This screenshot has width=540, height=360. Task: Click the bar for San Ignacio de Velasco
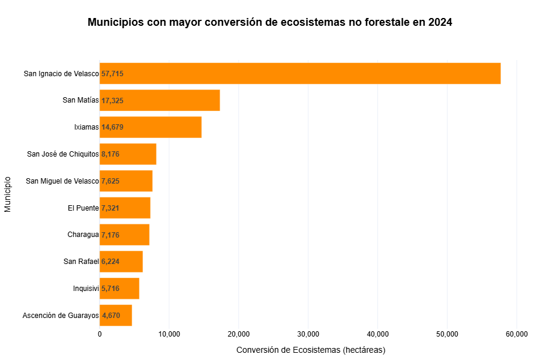[300, 73]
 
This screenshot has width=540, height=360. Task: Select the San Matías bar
[160, 100]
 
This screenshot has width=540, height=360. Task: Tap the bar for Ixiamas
[151, 127]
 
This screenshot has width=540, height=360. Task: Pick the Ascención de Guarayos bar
[116, 316]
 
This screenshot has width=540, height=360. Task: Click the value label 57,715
[113, 74]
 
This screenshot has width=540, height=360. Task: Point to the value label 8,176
[110, 154]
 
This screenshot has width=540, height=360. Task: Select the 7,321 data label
[110, 208]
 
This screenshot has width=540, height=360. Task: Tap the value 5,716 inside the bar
[110, 289]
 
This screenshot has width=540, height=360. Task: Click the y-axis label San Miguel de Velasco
[62, 181]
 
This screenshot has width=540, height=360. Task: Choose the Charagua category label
[83, 235]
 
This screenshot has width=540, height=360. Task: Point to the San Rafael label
[81, 262]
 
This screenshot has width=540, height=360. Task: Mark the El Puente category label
[83, 208]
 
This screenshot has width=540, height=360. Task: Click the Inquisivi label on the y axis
[86, 289]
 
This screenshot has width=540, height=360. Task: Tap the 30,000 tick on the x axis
[308, 334]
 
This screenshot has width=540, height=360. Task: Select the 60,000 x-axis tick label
[517, 334]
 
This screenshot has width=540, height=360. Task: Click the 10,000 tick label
[169, 334]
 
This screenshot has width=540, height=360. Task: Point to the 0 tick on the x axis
[100, 334]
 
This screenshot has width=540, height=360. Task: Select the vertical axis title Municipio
[8, 194]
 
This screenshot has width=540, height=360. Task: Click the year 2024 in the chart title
[440, 22]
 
